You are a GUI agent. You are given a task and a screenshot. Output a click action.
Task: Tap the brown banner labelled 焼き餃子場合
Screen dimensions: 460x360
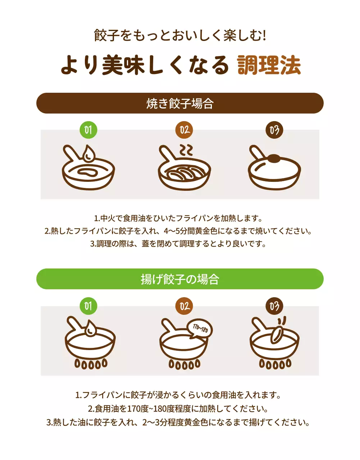pyautogui.click(x=180, y=103)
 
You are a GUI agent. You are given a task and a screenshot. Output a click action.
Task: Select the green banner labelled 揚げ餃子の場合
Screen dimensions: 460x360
pyautogui.click(x=180, y=279)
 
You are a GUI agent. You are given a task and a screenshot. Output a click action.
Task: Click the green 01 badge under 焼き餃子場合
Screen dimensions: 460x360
pyautogui.click(x=88, y=130)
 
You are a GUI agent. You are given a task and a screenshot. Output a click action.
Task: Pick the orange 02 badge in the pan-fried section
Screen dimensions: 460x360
pyautogui.click(x=184, y=130)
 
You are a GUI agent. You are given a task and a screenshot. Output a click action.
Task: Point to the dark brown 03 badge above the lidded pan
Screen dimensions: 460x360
pyautogui.click(x=274, y=130)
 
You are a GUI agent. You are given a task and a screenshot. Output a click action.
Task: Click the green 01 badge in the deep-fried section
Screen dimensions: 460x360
pyautogui.click(x=88, y=306)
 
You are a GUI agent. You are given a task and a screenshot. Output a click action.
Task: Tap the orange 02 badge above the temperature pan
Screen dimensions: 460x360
pyautogui.click(x=184, y=306)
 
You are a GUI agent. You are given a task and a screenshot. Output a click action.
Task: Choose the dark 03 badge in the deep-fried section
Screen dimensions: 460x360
pyautogui.click(x=274, y=306)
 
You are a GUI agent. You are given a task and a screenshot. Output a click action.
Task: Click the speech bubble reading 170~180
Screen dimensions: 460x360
pyautogui.click(x=200, y=328)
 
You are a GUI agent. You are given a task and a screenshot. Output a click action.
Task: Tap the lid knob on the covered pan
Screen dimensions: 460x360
pyautogui.click(x=274, y=157)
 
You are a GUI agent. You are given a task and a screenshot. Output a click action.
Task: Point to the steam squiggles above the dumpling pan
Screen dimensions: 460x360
pyautogui.click(x=186, y=150)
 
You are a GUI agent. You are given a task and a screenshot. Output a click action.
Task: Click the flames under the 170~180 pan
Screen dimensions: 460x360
pyautogui.click(x=184, y=364)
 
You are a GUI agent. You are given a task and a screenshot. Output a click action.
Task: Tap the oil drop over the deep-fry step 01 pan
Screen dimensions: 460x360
pyautogui.click(x=90, y=328)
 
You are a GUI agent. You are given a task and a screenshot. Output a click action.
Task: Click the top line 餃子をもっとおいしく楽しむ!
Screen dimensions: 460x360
pyautogui.click(x=180, y=36)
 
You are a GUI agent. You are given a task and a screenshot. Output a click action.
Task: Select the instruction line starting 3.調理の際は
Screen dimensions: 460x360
pyautogui.click(x=178, y=243)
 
